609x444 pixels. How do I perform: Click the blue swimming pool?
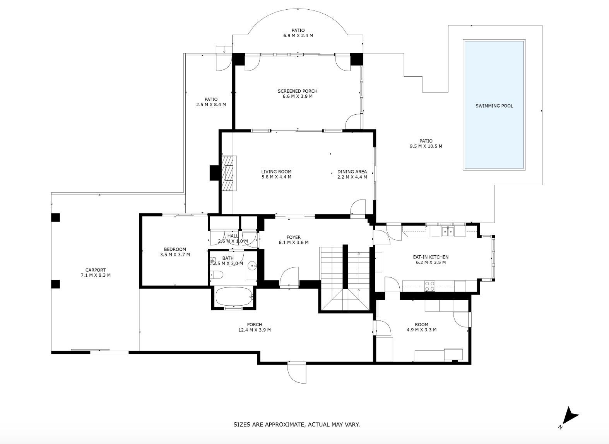[x=494, y=105]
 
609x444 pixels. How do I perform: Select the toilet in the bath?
[x=217, y=275]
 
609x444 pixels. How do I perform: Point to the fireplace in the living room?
[x=228, y=173]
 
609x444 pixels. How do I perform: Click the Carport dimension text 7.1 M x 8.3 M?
[x=96, y=275]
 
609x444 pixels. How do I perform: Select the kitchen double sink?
[x=448, y=232]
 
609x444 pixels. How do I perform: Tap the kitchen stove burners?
[x=429, y=286]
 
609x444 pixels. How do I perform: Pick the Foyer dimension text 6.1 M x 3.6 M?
[x=294, y=243]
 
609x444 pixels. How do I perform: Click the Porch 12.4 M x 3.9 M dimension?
[x=255, y=330]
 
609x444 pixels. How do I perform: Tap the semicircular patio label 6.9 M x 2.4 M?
[x=298, y=36]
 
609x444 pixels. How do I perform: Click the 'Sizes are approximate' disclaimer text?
[x=297, y=424]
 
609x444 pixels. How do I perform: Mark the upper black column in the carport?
[x=55, y=217]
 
